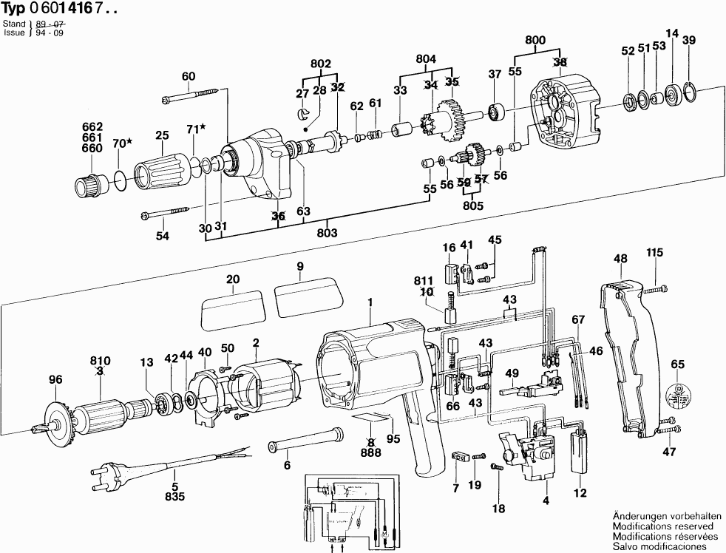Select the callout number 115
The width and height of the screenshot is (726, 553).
point(655,252)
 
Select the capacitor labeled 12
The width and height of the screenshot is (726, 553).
point(580,451)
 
